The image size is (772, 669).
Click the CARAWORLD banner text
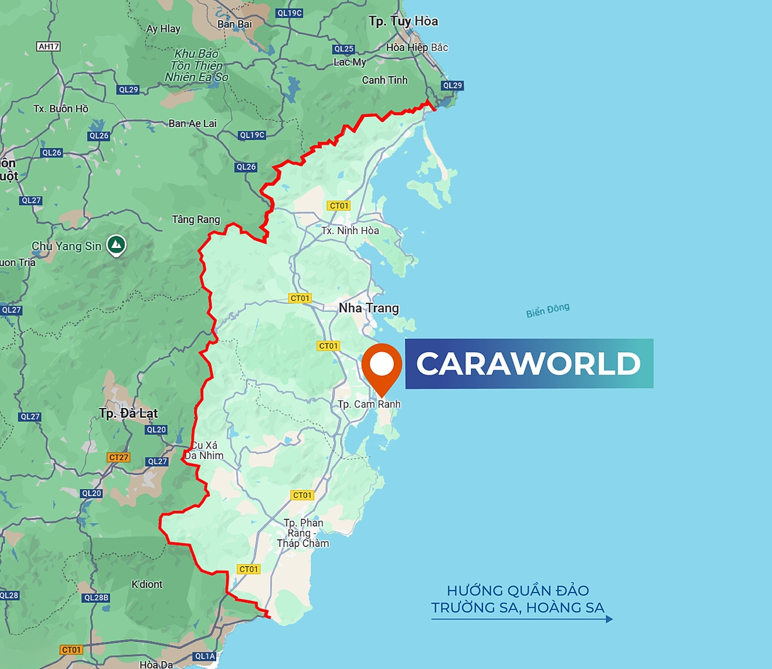528,364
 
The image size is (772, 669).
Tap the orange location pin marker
381,365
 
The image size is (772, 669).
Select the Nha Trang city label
369,308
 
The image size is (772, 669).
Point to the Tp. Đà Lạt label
128,413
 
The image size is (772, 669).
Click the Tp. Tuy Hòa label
403,21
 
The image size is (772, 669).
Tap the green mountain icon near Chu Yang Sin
116,244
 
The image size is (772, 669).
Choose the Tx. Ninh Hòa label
350,231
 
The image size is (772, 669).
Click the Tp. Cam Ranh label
369,404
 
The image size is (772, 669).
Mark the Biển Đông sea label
547,311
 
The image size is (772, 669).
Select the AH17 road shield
49,46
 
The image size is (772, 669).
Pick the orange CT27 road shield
118,458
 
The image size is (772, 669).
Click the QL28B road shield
96,598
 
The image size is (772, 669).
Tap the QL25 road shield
344,49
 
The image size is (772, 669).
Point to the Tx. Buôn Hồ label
60,109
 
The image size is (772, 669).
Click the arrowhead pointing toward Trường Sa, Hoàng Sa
609,619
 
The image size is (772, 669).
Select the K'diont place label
147,584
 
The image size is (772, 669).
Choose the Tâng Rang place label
196,220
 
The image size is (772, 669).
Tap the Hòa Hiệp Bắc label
417,48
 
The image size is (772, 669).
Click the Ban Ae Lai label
192,123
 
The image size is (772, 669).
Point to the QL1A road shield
205,656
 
